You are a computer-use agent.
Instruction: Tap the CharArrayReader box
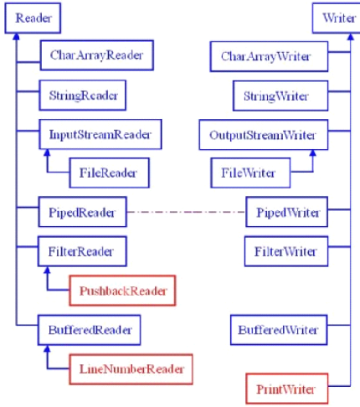pyautogui.click(x=91, y=56)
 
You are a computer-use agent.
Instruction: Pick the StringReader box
pyautogui.click(x=82, y=95)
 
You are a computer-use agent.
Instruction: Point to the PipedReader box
pyautogui.click(x=82, y=212)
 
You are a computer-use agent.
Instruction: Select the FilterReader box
pyautogui.click(x=81, y=250)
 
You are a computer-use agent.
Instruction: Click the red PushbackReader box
pyautogui.click(x=122, y=291)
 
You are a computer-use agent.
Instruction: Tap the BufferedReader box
pyautogui.click(x=89, y=329)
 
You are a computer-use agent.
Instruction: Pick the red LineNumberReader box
pyautogui.click(x=128, y=368)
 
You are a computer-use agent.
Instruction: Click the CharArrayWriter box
pyautogui.click(x=266, y=57)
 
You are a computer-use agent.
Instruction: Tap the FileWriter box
pyautogui.click(x=248, y=173)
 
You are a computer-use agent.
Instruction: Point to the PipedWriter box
pyautogui.click(x=287, y=212)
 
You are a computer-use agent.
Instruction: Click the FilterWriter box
pyautogui.click(x=286, y=250)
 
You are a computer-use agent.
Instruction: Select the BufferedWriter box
pyautogui.click(x=279, y=329)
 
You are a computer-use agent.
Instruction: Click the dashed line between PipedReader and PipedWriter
pyautogui.click(x=186, y=212)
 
